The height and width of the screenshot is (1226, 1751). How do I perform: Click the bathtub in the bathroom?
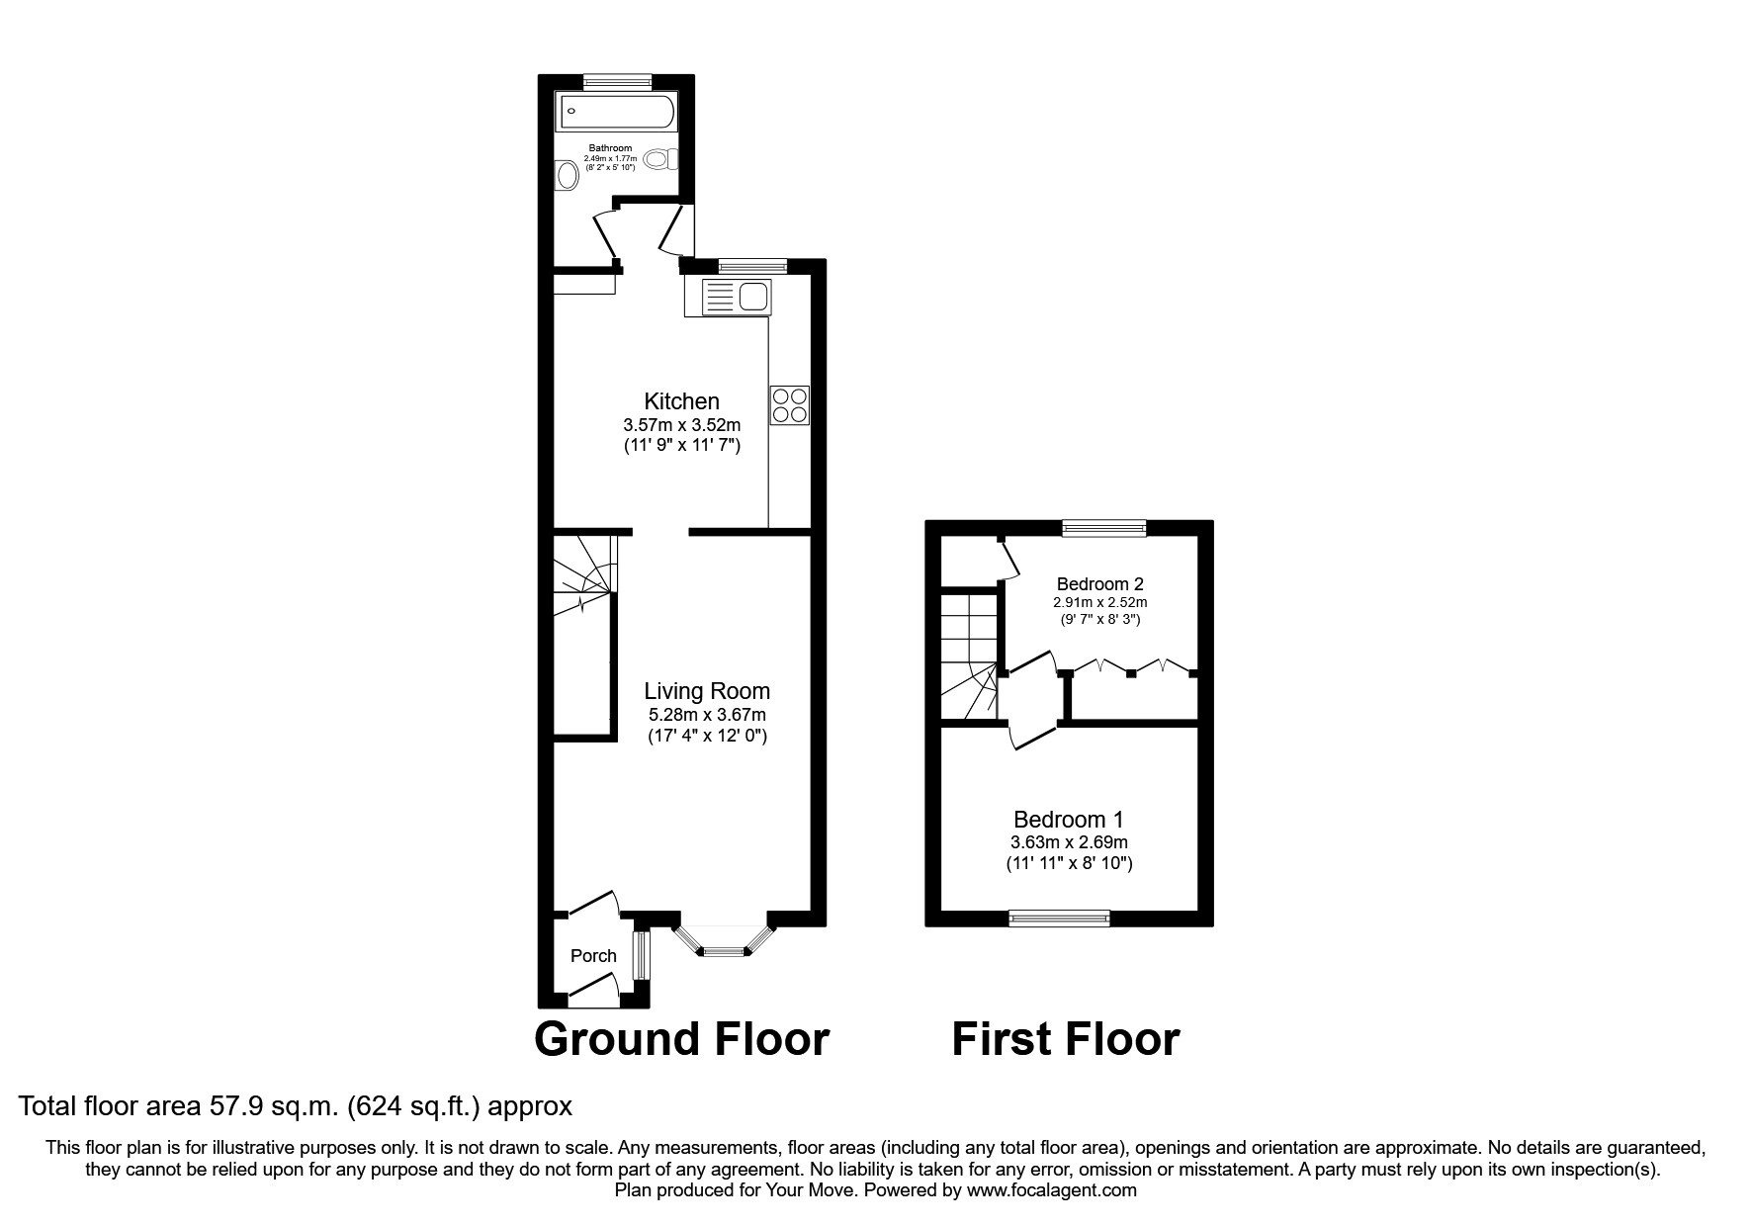tap(616, 112)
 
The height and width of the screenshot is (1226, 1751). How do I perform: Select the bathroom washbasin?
tap(567, 176)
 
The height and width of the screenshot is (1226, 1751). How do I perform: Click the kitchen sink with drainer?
tap(727, 297)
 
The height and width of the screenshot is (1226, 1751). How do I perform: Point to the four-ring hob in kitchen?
tap(789, 405)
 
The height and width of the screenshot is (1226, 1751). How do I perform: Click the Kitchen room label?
tap(681, 401)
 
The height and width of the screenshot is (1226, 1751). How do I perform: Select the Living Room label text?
tap(707, 691)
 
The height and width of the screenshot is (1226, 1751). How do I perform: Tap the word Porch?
tap(593, 956)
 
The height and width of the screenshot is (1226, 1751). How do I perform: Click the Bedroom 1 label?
tap(1068, 820)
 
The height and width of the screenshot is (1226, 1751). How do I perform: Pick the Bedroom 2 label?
tap(1099, 584)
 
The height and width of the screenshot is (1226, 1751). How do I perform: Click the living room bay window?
tap(722, 944)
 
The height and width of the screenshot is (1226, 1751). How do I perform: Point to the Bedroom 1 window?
tap(1059, 919)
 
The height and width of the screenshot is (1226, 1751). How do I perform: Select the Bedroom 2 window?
tap(1103, 528)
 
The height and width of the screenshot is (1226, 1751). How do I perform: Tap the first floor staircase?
tap(967, 657)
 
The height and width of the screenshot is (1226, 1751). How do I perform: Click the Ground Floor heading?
tap(681, 1040)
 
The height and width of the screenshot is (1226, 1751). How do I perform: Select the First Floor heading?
tap(1065, 1040)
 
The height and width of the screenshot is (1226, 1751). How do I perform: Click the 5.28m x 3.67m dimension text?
tap(707, 715)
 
